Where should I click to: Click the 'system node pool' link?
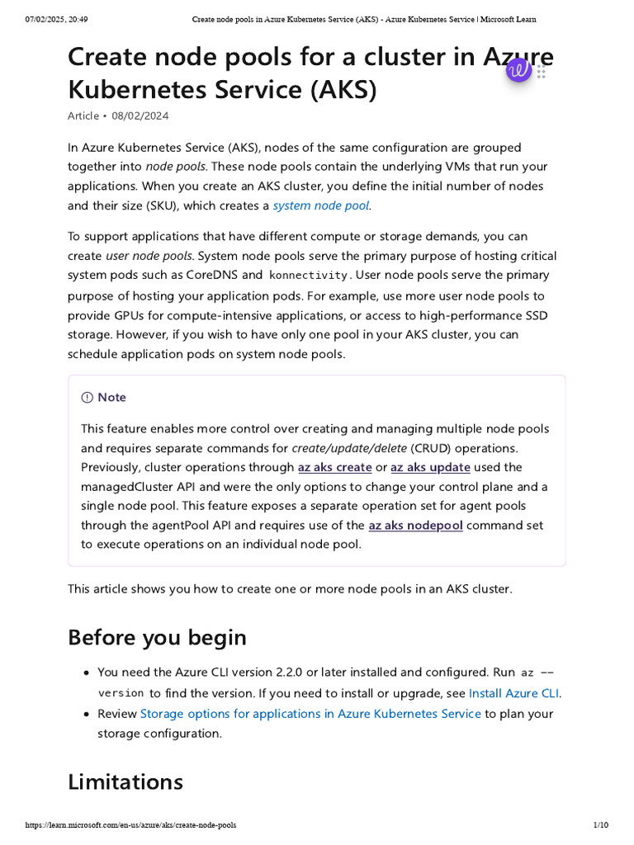pos(321,205)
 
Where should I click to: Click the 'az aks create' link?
pos(334,467)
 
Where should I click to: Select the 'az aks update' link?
pos(430,467)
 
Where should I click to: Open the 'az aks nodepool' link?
pos(415,525)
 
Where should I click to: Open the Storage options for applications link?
pos(310,713)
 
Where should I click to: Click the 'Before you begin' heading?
pos(157,638)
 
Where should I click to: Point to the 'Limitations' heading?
pos(125,781)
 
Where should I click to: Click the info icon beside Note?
pos(88,398)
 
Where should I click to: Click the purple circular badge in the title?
pos(519,71)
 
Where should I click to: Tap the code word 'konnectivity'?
pos(310,276)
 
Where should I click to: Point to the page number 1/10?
pos(600,825)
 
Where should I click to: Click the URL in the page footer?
pos(131,825)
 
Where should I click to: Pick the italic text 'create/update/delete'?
pos(349,448)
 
